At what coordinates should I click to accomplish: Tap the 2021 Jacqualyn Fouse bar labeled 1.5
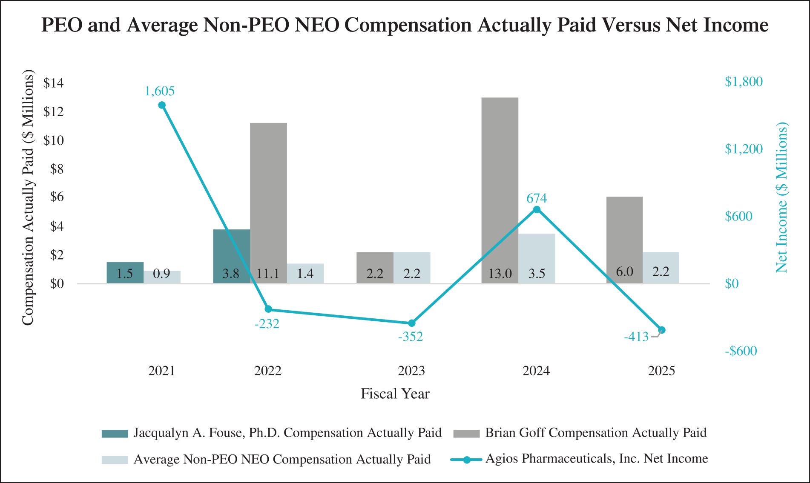(x=125, y=273)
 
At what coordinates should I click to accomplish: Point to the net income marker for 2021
(x=162, y=105)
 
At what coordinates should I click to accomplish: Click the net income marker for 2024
(x=537, y=209)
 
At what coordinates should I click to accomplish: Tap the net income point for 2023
(x=411, y=323)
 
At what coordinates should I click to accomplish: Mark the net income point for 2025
(x=661, y=330)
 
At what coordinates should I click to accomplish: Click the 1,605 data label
(x=160, y=91)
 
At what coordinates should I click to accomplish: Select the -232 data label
(x=267, y=324)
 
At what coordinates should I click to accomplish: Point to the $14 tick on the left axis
(x=53, y=83)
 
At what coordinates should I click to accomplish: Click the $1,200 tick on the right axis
(x=744, y=149)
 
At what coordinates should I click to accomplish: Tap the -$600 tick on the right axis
(x=741, y=351)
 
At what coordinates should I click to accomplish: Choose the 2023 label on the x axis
(x=411, y=371)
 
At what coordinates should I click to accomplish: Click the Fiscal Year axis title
(x=395, y=394)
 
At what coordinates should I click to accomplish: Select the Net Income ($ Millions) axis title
(x=781, y=197)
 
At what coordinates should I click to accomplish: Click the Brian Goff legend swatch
(x=466, y=434)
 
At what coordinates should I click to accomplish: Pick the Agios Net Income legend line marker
(x=466, y=460)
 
